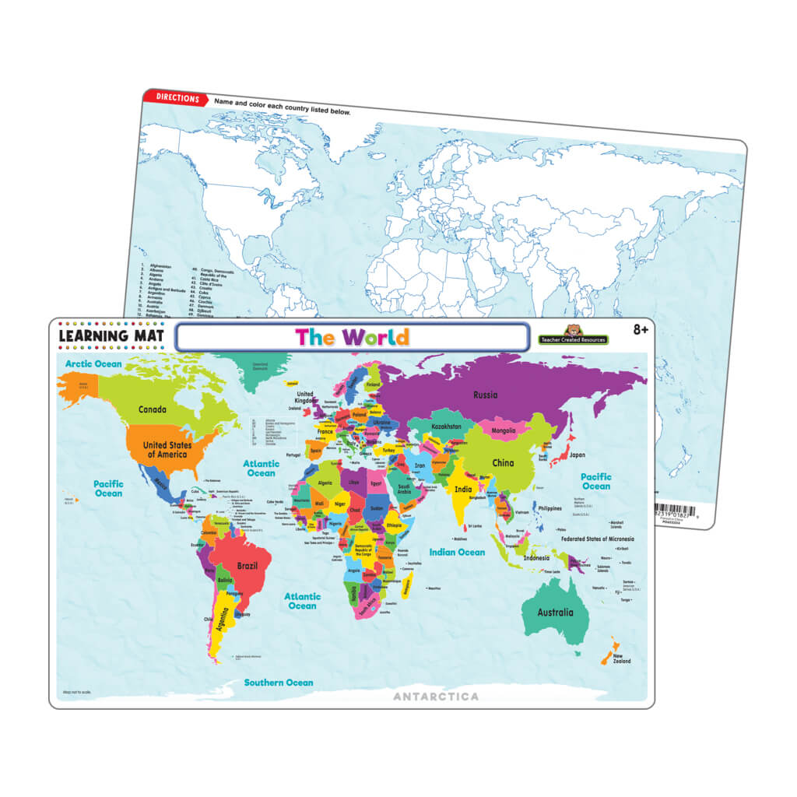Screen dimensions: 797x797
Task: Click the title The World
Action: click(352, 337)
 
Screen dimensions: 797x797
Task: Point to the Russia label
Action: click(485, 395)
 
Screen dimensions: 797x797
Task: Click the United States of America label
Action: click(167, 449)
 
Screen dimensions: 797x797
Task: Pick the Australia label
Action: click(555, 612)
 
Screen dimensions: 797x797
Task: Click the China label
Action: click(503, 462)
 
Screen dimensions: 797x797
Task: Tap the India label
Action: click(463, 490)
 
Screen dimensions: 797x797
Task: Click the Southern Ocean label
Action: click(279, 683)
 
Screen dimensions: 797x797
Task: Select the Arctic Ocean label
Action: click(93, 363)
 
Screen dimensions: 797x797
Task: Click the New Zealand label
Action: click(621, 658)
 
